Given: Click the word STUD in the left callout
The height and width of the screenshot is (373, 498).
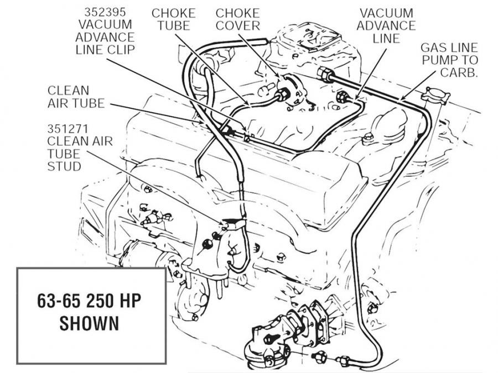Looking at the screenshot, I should pyautogui.click(x=65, y=166).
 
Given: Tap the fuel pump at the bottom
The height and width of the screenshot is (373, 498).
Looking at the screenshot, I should pyautogui.click(x=271, y=343).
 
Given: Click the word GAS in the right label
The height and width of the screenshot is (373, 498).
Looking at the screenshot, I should pyautogui.click(x=432, y=48).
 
